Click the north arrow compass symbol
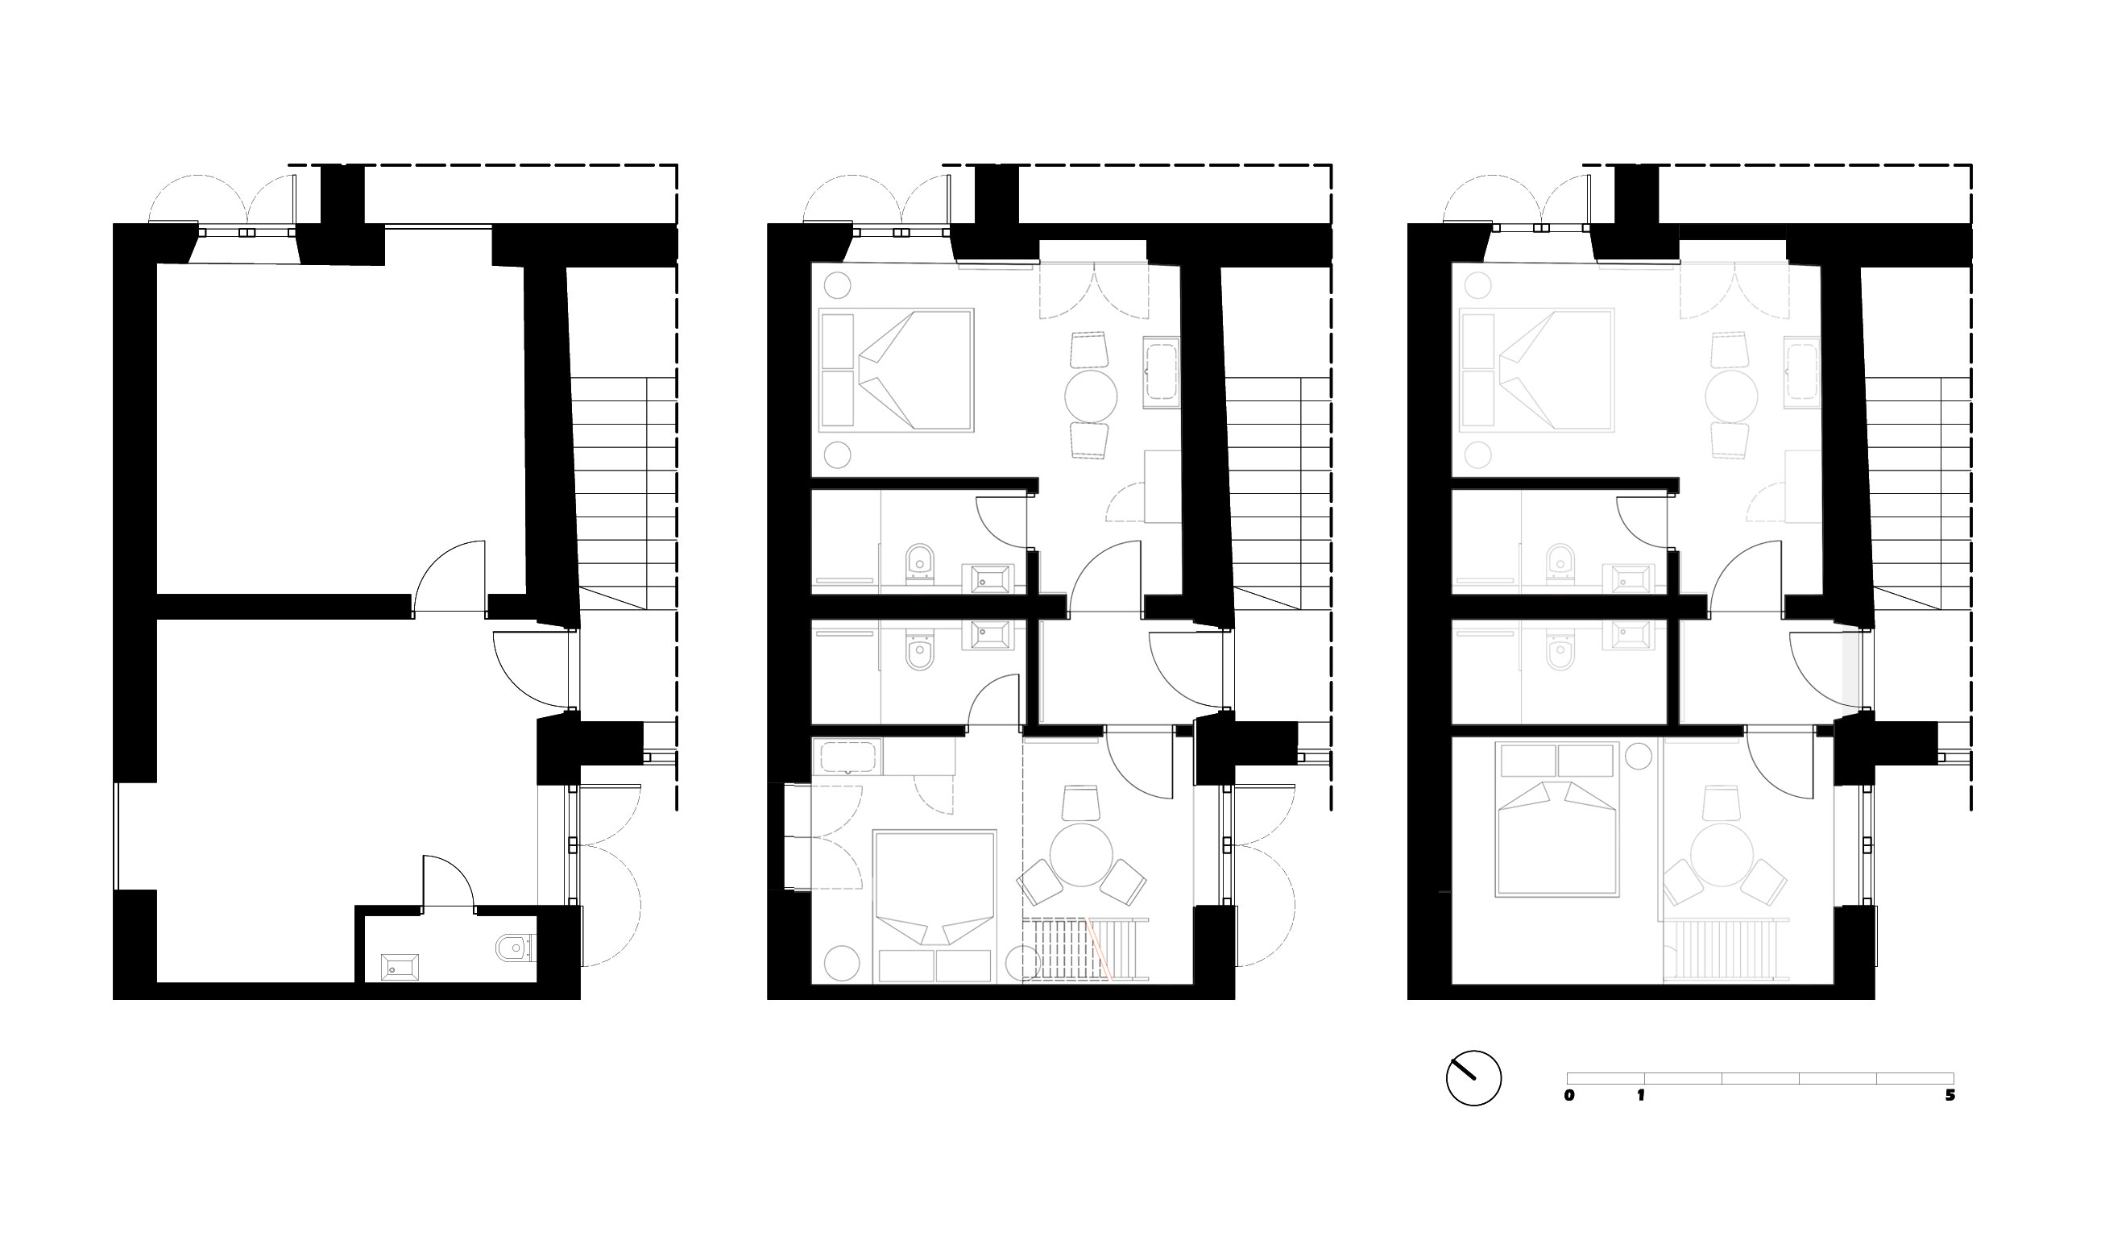pyautogui.click(x=1473, y=1078)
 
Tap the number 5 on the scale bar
pyautogui.click(x=1950, y=1095)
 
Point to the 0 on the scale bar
pyautogui.click(x=1570, y=1095)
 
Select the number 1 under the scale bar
pyautogui.click(x=1641, y=1095)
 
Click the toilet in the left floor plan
pyautogui.click(x=516, y=948)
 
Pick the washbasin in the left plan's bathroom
pyautogui.click(x=400, y=966)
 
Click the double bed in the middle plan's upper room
pyautogui.click(x=897, y=369)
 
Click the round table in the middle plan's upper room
pyautogui.click(x=1091, y=396)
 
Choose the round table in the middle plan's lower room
pyautogui.click(x=1081, y=854)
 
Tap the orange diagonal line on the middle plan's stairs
pyautogui.click(x=1099, y=949)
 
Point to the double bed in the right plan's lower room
pyautogui.click(x=1557, y=819)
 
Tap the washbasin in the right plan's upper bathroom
pyautogui.click(x=1628, y=579)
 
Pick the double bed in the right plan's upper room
pyautogui.click(x=1537, y=369)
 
